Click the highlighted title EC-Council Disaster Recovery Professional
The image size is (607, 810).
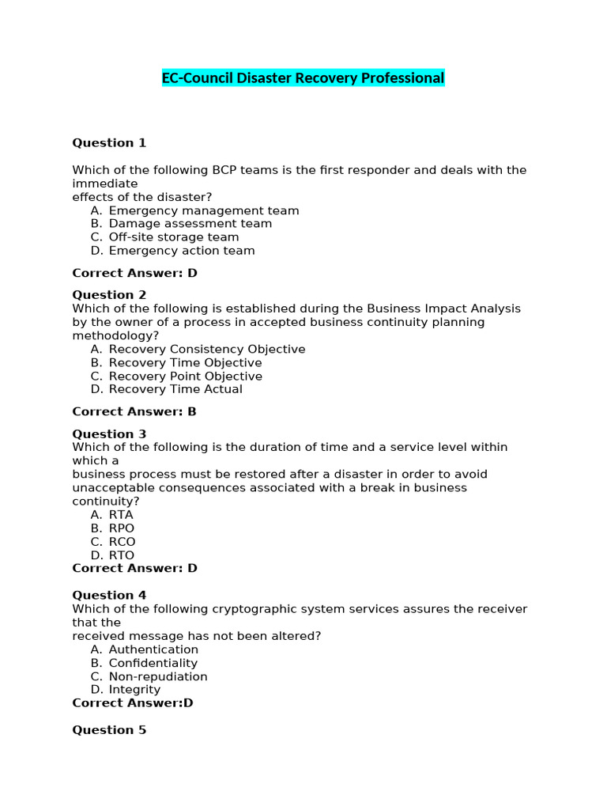(x=303, y=78)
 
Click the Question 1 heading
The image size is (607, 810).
(x=109, y=143)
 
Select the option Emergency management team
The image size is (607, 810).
(x=203, y=210)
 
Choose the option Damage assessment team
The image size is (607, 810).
(x=190, y=224)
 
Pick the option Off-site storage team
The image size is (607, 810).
(x=173, y=237)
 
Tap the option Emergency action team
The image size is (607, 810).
(x=181, y=251)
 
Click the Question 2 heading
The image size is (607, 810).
(x=109, y=295)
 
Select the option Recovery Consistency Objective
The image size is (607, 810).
(x=206, y=349)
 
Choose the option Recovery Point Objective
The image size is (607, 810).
(x=185, y=377)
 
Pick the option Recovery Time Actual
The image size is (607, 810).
(x=175, y=389)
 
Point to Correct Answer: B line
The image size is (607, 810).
(x=134, y=411)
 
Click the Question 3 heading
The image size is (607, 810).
(x=109, y=434)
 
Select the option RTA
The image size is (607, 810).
(x=121, y=515)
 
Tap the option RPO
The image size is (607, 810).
(x=122, y=528)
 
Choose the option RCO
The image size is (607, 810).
(x=122, y=542)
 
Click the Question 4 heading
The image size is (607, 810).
(x=109, y=596)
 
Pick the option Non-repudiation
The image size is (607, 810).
(x=157, y=677)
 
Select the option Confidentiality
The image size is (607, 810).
(x=153, y=664)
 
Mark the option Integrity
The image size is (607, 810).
(x=134, y=690)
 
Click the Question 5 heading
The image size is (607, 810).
(x=109, y=730)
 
